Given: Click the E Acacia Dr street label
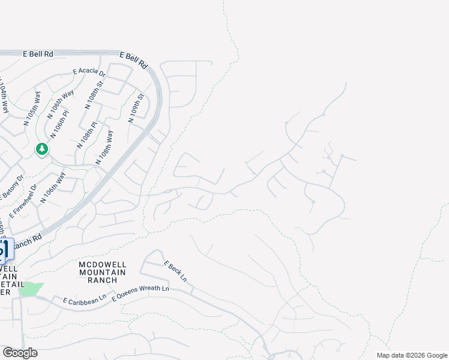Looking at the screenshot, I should tap(89, 72).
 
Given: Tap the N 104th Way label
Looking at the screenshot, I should tap(4, 95).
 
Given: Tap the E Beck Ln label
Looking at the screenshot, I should tap(175, 272).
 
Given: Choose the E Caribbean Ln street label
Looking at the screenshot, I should tap(80, 298).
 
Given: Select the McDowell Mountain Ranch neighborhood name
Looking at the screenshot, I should tap(102, 272).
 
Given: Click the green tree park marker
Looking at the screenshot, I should tap(41, 149).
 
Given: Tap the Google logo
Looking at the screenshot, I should tap(20, 353).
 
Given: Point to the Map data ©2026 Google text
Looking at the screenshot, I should tap(412, 355).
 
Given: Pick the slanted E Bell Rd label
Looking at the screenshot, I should tap(134, 59).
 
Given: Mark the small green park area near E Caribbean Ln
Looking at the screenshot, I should tap(30, 289).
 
